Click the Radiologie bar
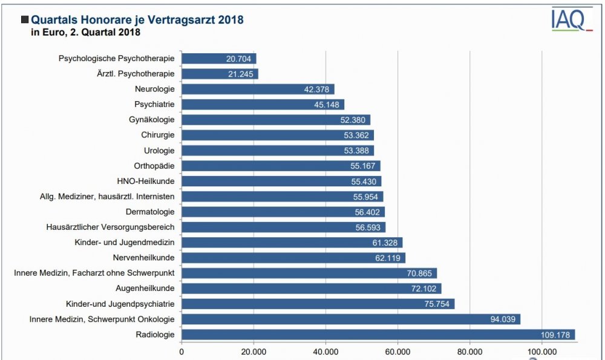pyautogui.click(x=378, y=335)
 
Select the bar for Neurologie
pyautogui.click(x=258, y=90)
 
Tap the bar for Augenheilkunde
pyautogui.click(x=312, y=289)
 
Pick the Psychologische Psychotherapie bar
pyautogui.click(x=219, y=59)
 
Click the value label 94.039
pyautogui.click(x=503, y=319)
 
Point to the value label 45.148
pyautogui.click(x=327, y=105)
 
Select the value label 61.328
pyautogui.click(x=385, y=243)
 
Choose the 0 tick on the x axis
pyautogui.click(x=181, y=350)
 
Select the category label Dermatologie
pyautogui.click(x=150, y=212)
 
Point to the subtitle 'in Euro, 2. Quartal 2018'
pyautogui.click(x=86, y=33)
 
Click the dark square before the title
pyautogui.click(x=25, y=20)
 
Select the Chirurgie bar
pyautogui.click(x=278, y=136)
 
